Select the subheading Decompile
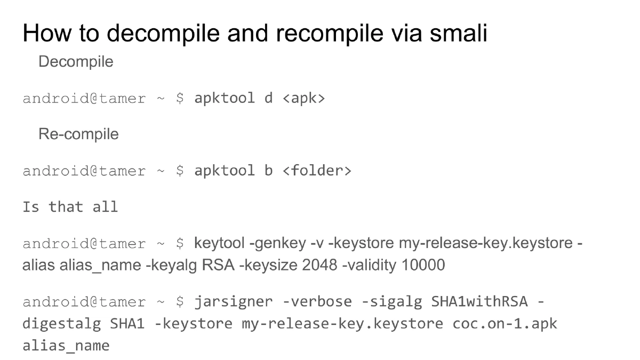tap(76, 61)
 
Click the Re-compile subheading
tap(78, 134)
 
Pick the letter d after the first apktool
tap(268, 99)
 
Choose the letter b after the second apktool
tap(268, 171)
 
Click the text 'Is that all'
tap(70, 207)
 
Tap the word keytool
tap(219, 244)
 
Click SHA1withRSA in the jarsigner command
tap(479, 302)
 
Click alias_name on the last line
tap(66, 345)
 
